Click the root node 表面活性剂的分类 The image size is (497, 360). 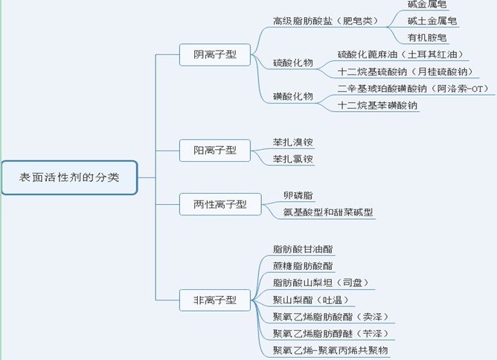tap(68, 178)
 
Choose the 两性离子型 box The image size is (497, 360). tap(220, 203)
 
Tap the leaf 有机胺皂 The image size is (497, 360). tap(428, 37)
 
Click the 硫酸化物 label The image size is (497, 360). tap(292, 63)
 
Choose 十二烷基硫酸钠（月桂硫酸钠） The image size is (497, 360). tap(404, 72)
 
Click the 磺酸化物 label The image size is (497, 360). tap(292, 97)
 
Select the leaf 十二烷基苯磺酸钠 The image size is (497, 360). tap(377, 106)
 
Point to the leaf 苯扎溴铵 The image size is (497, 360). tap(293, 142)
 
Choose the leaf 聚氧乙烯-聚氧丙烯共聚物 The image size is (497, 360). tap(330, 350)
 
